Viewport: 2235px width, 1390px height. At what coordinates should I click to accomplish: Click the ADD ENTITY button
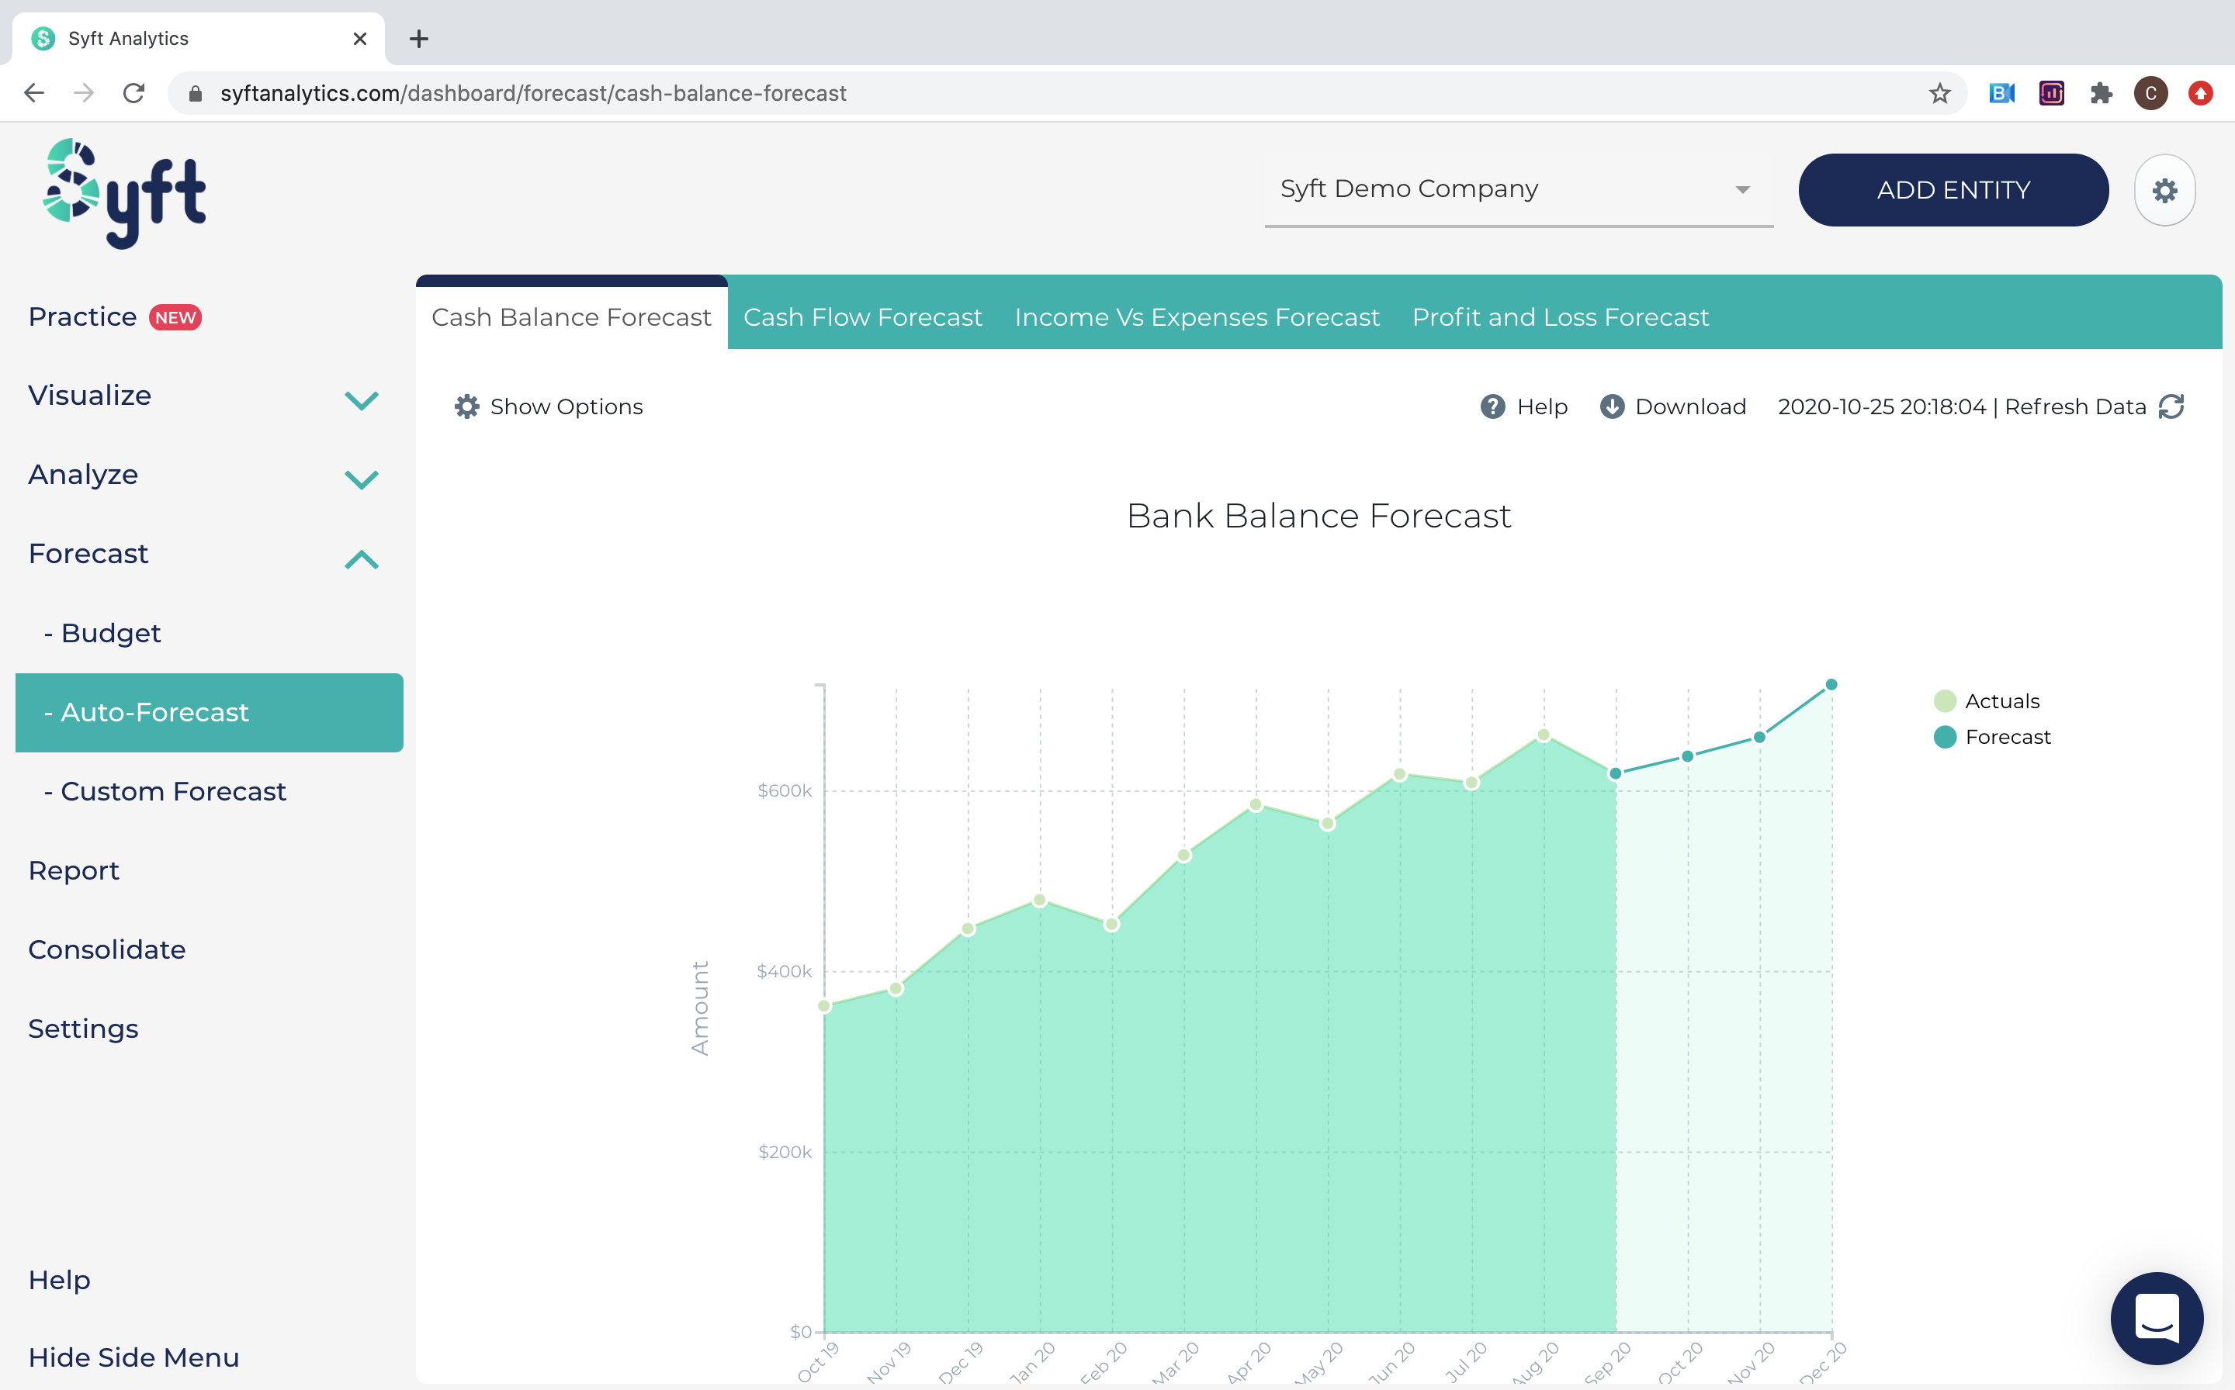[1953, 190]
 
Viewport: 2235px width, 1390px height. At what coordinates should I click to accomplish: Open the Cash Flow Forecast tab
[862, 317]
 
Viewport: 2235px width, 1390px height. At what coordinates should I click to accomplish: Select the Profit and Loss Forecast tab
[1560, 317]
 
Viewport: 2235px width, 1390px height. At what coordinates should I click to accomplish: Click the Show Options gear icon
[467, 406]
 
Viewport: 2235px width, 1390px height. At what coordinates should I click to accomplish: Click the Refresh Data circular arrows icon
[2171, 406]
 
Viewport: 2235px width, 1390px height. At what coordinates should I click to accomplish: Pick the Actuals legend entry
[2001, 701]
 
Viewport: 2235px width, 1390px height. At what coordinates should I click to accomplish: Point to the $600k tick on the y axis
[785, 790]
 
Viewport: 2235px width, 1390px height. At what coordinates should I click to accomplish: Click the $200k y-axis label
[785, 1152]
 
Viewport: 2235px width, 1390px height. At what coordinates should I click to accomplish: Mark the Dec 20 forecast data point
[1831, 685]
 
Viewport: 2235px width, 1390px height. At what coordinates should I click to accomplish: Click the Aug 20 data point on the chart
[1544, 735]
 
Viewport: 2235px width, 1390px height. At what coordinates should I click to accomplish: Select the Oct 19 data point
[824, 1006]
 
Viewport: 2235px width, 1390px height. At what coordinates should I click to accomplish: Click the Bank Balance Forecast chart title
[1318, 516]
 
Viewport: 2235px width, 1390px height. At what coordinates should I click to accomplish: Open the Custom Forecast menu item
[173, 791]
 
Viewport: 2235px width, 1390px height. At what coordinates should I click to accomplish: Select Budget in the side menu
[110, 634]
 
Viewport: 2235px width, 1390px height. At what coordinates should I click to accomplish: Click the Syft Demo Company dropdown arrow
[1742, 190]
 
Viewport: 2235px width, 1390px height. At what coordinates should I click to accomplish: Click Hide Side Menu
[133, 1358]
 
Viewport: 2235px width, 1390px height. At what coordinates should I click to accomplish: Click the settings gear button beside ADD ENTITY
[2164, 190]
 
